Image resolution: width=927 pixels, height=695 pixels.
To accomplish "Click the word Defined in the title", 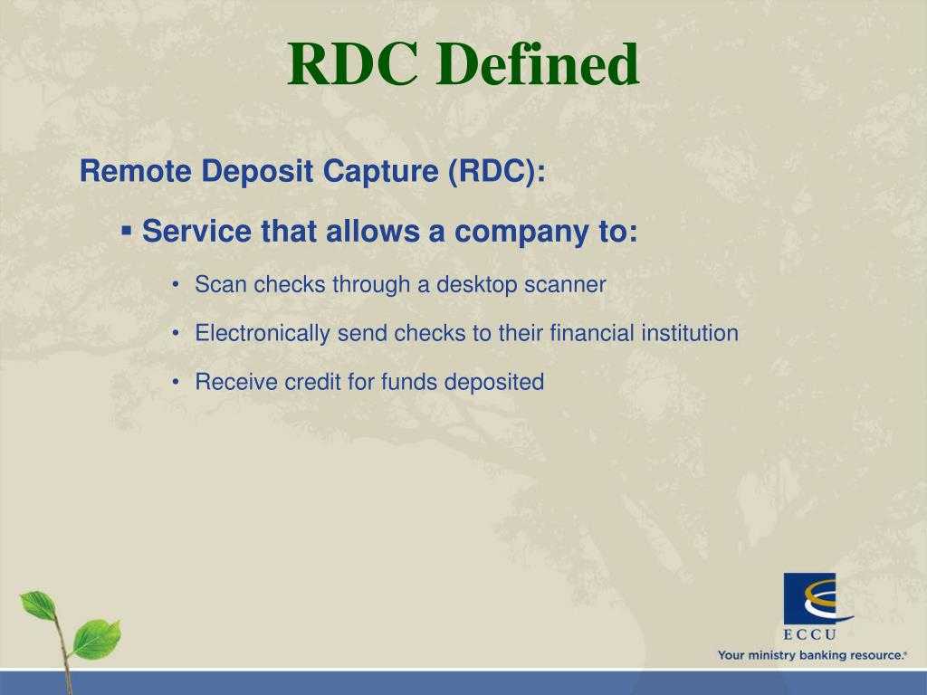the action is [538, 64].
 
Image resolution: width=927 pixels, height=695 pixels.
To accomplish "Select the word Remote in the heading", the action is [136, 171].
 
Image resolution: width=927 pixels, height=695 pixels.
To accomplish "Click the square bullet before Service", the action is [126, 230].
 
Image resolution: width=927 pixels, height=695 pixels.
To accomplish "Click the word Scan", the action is [221, 284].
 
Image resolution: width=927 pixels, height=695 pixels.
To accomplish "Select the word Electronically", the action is [263, 333].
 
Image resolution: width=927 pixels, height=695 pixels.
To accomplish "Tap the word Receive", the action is [236, 382].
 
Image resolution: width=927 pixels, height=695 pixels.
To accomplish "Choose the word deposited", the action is [493, 383].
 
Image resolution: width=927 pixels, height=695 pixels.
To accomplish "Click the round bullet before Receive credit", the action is [176, 383].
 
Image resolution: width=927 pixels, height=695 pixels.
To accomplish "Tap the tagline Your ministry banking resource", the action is [812, 655].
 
